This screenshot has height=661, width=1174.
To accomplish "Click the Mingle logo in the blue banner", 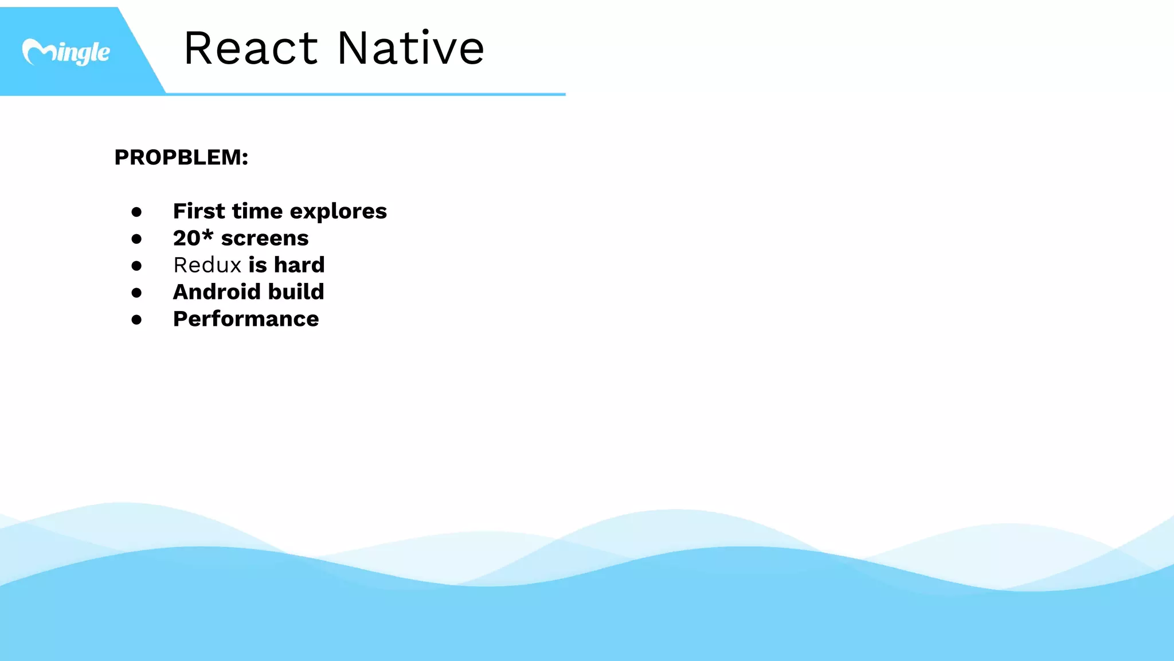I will (66, 52).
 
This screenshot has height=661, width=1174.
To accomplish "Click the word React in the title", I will (251, 48).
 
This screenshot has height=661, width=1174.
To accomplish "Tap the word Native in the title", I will (410, 48).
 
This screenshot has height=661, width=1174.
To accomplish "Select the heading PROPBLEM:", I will (181, 157).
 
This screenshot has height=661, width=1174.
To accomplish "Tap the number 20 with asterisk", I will (193, 238).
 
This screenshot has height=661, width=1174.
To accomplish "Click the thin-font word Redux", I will (208, 265).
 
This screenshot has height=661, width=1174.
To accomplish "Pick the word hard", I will (299, 265).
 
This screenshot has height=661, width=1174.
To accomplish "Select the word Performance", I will (246, 319).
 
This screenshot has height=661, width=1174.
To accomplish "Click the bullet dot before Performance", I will (136, 320).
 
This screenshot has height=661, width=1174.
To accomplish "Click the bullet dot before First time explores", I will (136, 212).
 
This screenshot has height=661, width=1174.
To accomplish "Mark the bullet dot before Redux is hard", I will (136, 266).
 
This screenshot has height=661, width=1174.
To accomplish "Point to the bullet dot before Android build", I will (136, 293).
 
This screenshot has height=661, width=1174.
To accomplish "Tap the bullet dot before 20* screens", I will (136, 239).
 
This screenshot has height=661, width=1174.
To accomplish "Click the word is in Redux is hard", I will (257, 265).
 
